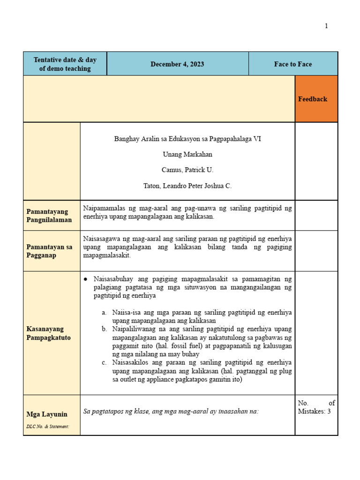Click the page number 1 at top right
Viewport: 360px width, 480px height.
coord(326,26)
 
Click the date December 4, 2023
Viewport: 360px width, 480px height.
coord(177,64)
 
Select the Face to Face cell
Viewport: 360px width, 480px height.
coord(293,64)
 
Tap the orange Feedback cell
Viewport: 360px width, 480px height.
coord(313,99)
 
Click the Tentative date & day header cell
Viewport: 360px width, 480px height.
coord(65,64)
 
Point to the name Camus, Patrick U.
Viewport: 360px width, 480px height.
coord(187,170)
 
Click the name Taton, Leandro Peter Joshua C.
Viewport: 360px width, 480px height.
coord(187,186)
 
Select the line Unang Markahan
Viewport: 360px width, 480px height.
coord(187,154)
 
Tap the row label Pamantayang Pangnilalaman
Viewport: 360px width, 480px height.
coord(47,216)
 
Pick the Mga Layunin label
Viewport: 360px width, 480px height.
coord(47,414)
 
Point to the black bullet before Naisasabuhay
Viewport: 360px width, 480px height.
coord(86,279)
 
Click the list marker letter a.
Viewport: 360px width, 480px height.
coord(104,312)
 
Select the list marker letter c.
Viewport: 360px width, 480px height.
coord(104,363)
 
